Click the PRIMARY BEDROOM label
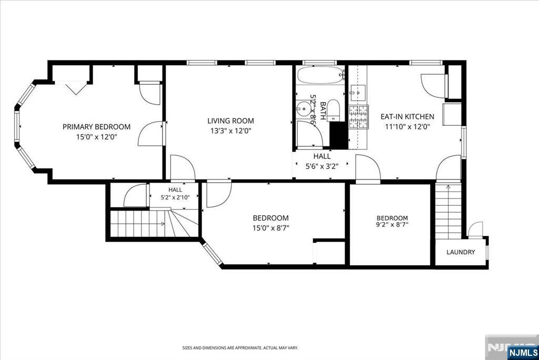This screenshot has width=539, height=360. (x=96, y=127)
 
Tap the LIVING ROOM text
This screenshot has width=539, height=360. (x=231, y=121)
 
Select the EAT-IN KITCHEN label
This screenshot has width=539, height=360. (x=407, y=116)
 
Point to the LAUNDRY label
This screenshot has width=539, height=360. (x=461, y=252)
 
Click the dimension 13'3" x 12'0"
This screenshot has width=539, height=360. (x=231, y=131)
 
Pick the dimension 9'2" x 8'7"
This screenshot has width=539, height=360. (x=392, y=225)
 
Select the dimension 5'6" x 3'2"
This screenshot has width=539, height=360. (x=322, y=167)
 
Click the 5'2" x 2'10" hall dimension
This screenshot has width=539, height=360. (x=175, y=197)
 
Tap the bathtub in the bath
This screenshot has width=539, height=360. (x=321, y=75)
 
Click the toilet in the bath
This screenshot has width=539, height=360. (x=333, y=110)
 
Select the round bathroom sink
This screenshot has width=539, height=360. (x=304, y=109)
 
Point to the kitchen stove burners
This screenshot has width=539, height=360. (x=358, y=117)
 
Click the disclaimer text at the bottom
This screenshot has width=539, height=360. (x=240, y=348)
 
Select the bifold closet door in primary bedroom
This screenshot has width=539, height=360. (x=75, y=88)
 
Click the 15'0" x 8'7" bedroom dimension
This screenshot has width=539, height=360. (x=271, y=228)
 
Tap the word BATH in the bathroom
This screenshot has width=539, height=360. (x=323, y=111)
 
